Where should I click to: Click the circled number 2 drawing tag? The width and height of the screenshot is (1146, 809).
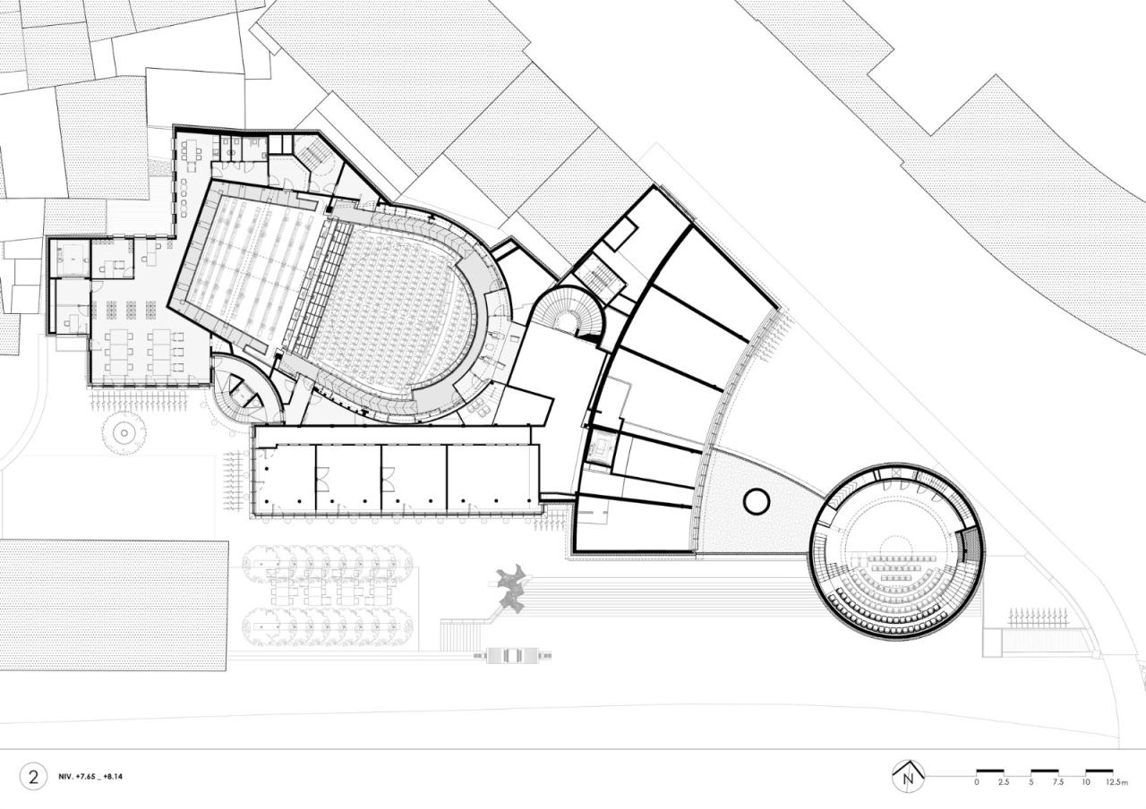[34, 776]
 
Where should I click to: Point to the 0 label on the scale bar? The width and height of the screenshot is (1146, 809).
[977, 783]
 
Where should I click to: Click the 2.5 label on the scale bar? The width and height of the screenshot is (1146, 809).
[1003, 783]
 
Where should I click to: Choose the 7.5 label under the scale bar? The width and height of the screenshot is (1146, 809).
[1058, 783]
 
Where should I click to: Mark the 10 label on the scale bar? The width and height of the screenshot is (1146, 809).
[1085, 783]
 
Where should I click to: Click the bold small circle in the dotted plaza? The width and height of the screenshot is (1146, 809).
[757, 502]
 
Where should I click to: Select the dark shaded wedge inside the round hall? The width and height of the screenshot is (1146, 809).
[969, 545]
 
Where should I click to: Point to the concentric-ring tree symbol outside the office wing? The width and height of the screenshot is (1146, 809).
[124, 433]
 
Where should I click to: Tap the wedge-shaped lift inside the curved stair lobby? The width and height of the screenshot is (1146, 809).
[240, 387]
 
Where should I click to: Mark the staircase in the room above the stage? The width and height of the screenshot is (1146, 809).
[313, 156]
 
